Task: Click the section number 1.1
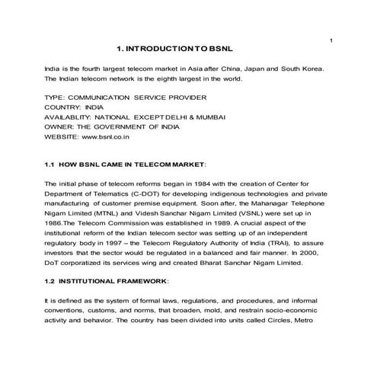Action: tap(51, 164)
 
